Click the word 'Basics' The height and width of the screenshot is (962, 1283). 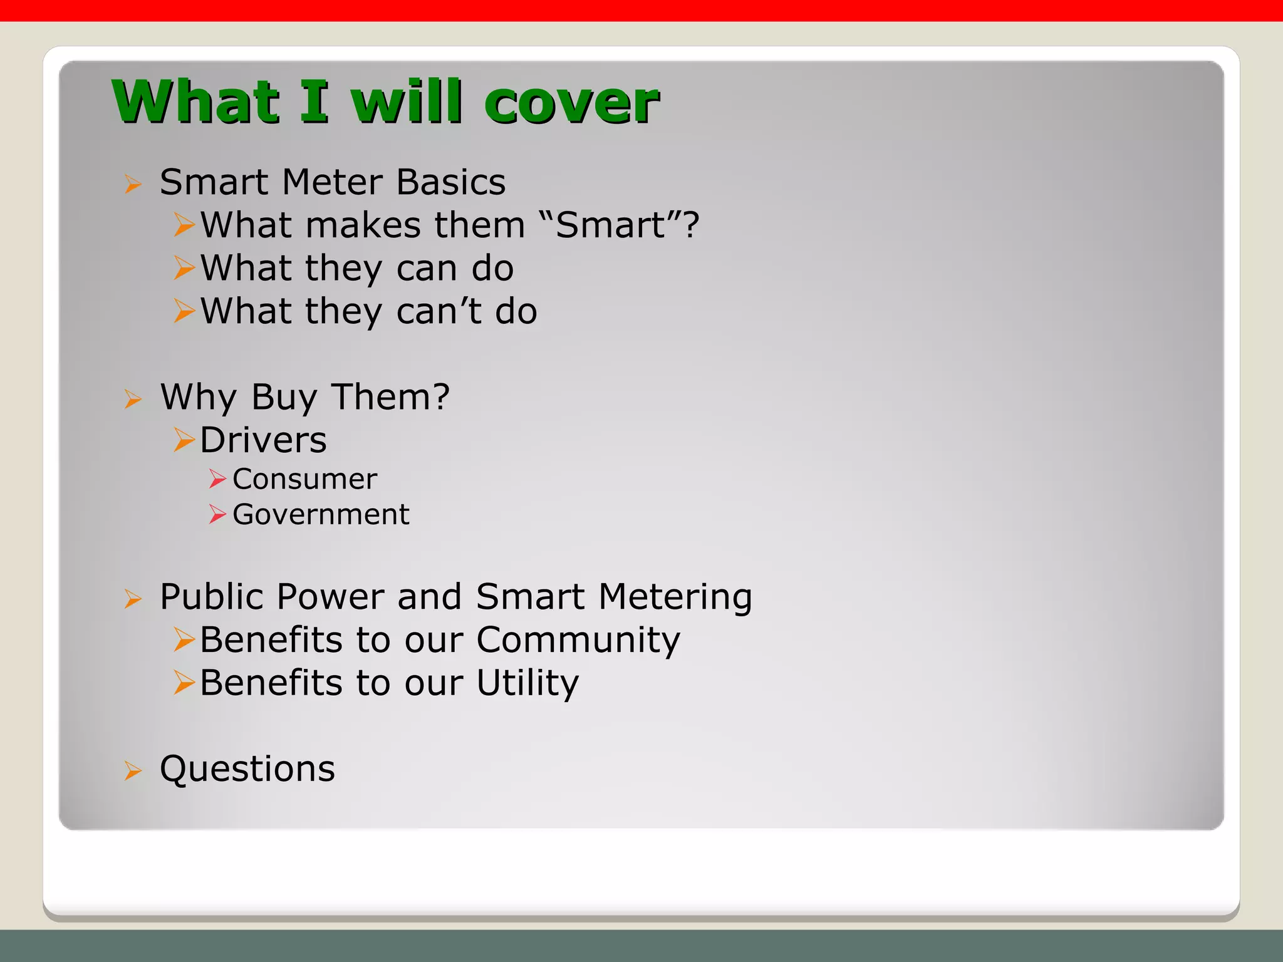pyautogui.click(x=451, y=182)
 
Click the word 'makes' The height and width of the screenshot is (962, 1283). pyautogui.click(x=363, y=225)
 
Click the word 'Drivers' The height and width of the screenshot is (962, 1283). pyautogui.click(x=263, y=440)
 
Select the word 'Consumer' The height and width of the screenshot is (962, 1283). pyautogui.click(x=304, y=479)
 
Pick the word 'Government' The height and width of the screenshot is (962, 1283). pyautogui.click(x=321, y=515)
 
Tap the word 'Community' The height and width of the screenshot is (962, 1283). pyautogui.click(x=578, y=639)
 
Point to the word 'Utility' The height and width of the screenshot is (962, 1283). pyautogui.click(x=527, y=683)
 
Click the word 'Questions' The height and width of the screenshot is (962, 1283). pyautogui.click(x=247, y=769)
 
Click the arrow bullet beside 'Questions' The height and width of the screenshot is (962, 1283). pyautogui.click(x=133, y=770)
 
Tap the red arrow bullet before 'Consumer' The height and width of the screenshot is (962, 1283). pyautogui.click(x=217, y=479)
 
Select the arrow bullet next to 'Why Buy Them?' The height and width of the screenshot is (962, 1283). pyautogui.click(x=133, y=398)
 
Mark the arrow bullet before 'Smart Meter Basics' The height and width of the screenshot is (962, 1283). pyautogui.click(x=133, y=184)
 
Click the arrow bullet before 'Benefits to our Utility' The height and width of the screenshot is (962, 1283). pyautogui.click(x=184, y=682)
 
